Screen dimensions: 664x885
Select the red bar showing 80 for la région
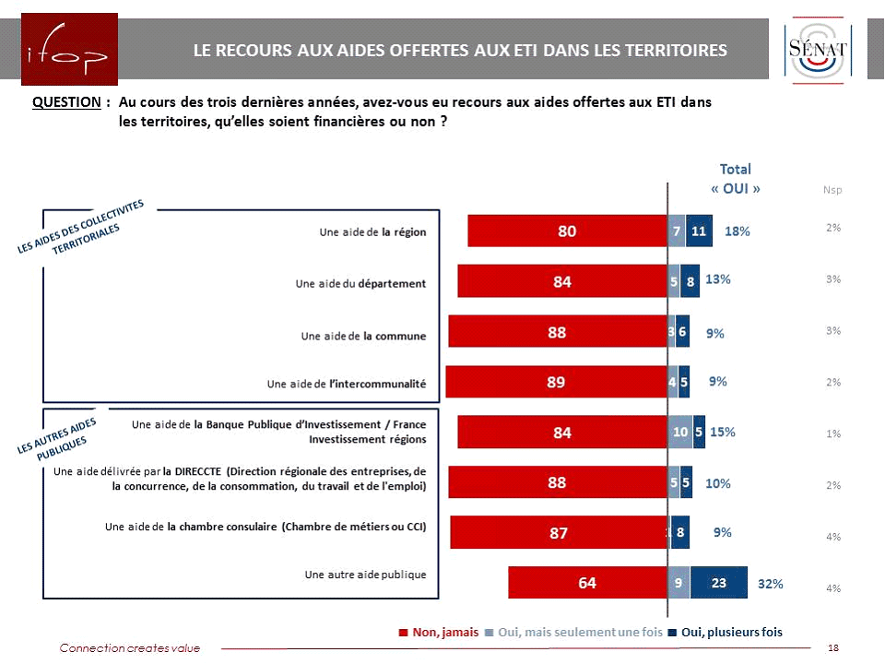coord(567,231)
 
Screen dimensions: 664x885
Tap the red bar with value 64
coord(587,583)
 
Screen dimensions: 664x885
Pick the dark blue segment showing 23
coord(719,583)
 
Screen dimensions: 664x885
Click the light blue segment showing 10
coord(680,432)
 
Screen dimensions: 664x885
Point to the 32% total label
coord(770,584)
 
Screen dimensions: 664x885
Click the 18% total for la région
coord(737,231)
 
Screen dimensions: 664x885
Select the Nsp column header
coord(832,189)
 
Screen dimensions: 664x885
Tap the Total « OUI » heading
coord(736,178)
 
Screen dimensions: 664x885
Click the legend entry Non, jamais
coord(439,632)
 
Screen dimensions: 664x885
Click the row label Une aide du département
coord(360,283)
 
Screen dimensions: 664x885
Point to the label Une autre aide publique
coord(365,575)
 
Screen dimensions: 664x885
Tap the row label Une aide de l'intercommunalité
coord(346,384)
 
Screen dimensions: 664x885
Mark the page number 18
coord(833,648)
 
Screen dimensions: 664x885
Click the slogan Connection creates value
coord(129,648)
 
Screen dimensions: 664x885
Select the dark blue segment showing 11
coord(699,231)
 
